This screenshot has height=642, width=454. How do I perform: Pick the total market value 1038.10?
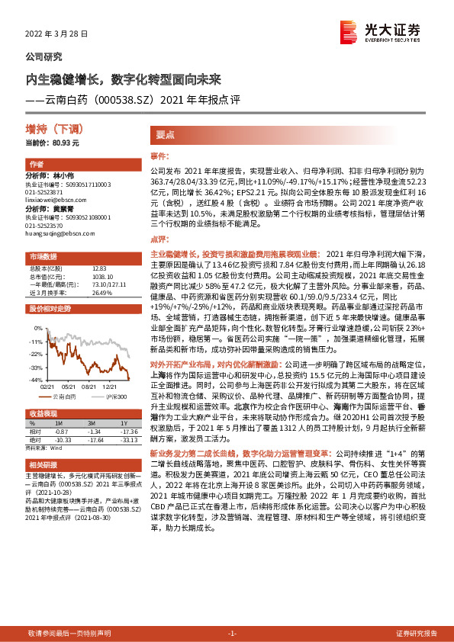(102, 276)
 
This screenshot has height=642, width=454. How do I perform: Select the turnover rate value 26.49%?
(101, 292)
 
